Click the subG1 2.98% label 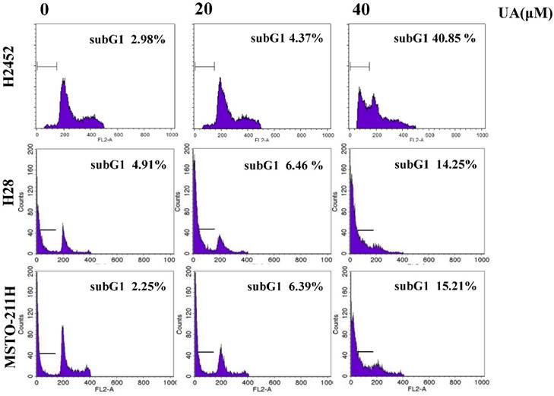[x=124, y=39]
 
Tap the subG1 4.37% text [x=286, y=39]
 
